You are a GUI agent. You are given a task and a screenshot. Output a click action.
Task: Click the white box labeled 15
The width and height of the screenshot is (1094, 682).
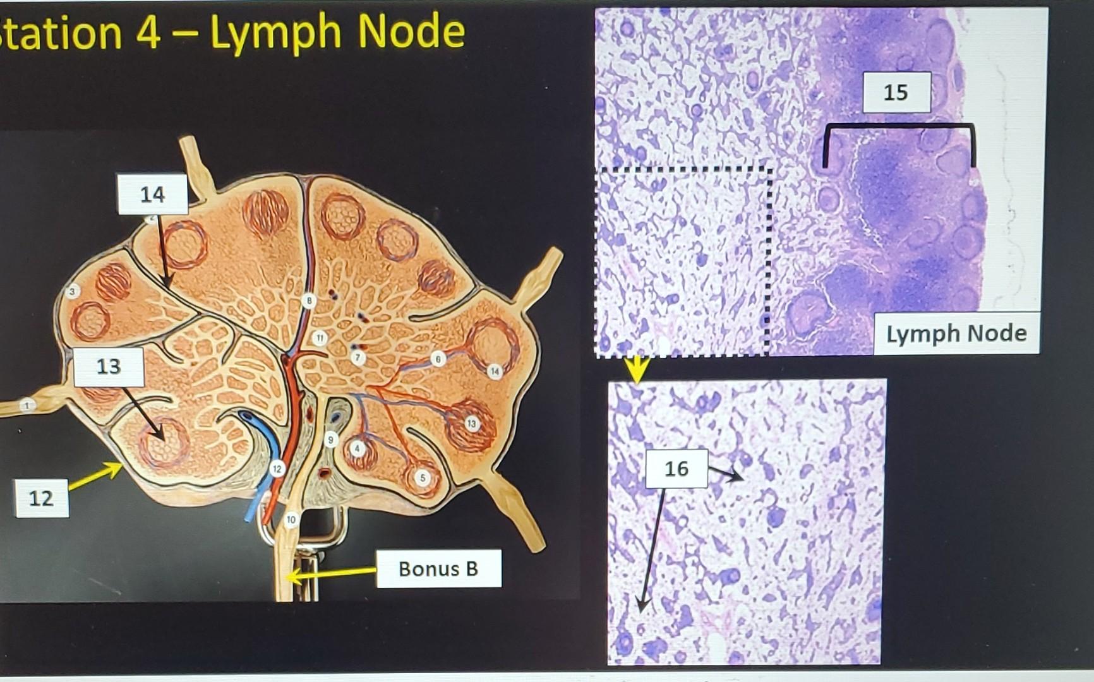coord(896,92)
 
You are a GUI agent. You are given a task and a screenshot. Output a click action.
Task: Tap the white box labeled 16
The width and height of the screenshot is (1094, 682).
coord(676,468)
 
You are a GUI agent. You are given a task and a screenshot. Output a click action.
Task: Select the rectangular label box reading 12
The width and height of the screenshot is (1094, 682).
coord(42,498)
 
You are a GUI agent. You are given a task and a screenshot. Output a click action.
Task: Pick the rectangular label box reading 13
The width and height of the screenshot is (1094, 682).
coord(109,366)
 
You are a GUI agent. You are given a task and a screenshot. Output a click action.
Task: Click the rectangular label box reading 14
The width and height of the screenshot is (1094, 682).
coord(152,194)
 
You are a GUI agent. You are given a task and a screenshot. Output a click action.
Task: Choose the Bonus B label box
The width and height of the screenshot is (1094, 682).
coord(438,568)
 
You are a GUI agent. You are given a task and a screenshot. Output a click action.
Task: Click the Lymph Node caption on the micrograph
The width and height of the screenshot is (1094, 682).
coord(956,333)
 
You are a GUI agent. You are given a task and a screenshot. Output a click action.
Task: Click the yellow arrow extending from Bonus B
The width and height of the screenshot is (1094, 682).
coord(328,573)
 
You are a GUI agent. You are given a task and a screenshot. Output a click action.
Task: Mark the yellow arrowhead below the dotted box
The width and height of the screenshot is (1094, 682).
coord(637,369)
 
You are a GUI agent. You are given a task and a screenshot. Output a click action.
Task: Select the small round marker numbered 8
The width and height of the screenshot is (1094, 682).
coord(308,301)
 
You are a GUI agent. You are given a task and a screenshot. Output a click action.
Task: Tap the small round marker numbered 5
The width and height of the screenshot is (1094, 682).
coord(423,478)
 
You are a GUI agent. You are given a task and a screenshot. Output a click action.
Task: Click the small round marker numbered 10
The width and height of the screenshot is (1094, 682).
coord(291,520)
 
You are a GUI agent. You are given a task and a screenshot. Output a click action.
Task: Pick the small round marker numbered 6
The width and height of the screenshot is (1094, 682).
coord(438,359)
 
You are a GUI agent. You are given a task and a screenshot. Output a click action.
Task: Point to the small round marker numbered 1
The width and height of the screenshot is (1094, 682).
coord(27,405)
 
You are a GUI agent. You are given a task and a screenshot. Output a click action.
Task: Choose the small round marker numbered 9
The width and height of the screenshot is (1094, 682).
coord(330,440)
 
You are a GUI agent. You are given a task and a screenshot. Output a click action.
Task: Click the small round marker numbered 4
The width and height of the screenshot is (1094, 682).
coord(358,448)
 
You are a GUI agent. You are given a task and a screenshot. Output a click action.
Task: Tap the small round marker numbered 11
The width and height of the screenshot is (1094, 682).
coord(320,338)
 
